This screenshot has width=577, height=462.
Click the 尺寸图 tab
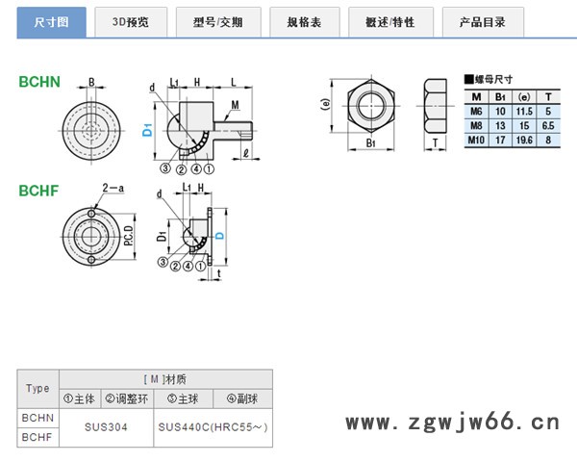click(x=50, y=20)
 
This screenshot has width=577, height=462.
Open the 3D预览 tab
click(x=132, y=20)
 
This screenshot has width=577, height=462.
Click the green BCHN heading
click(x=39, y=82)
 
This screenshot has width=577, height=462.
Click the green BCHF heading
click(x=39, y=190)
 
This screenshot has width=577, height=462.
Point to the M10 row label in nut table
click(x=477, y=140)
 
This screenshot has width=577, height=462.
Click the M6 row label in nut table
click(x=476, y=111)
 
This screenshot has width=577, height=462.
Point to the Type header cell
click(x=38, y=389)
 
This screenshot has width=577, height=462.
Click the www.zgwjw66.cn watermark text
click(x=451, y=422)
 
